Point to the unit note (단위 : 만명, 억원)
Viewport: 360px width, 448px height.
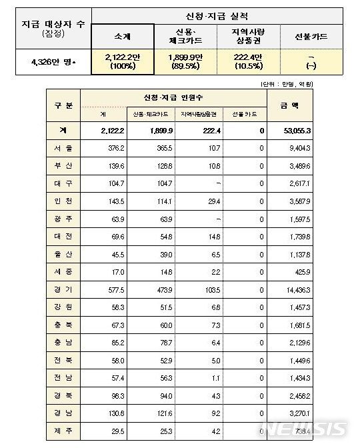point(316,85)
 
